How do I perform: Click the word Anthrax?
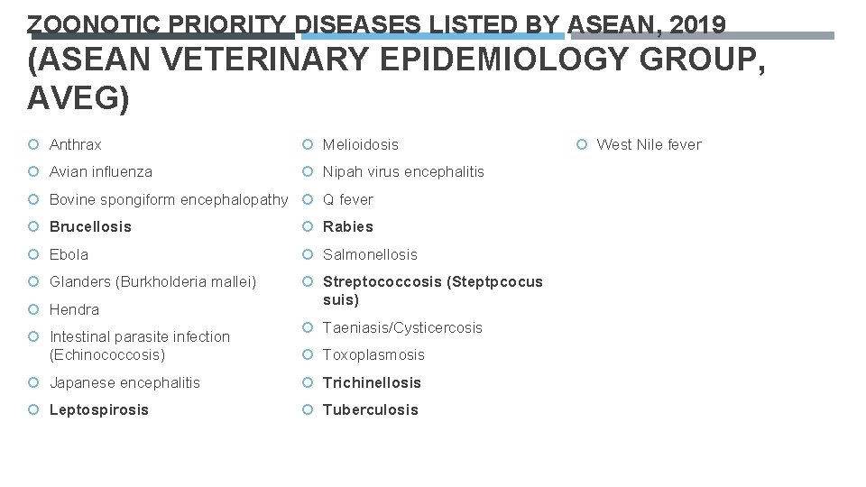click(75, 144)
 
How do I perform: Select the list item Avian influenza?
click(100, 171)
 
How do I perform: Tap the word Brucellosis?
click(90, 226)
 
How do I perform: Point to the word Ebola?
click(69, 254)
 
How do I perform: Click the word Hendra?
click(74, 309)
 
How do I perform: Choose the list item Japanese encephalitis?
click(124, 382)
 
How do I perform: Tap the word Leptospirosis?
click(99, 409)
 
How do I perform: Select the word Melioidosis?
click(360, 144)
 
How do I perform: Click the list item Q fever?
click(347, 199)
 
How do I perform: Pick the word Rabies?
click(347, 226)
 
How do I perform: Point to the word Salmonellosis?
click(370, 254)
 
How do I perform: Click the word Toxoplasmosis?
click(373, 354)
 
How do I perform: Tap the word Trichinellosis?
click(372, 382)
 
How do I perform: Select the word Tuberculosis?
click(371, 409)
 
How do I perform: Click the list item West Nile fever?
click(649, 144)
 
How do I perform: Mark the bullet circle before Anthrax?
click(33, 144)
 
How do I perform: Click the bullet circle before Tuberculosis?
click(308, 409)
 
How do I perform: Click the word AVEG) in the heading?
click(79, 98)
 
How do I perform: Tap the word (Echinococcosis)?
click(107, 354)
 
